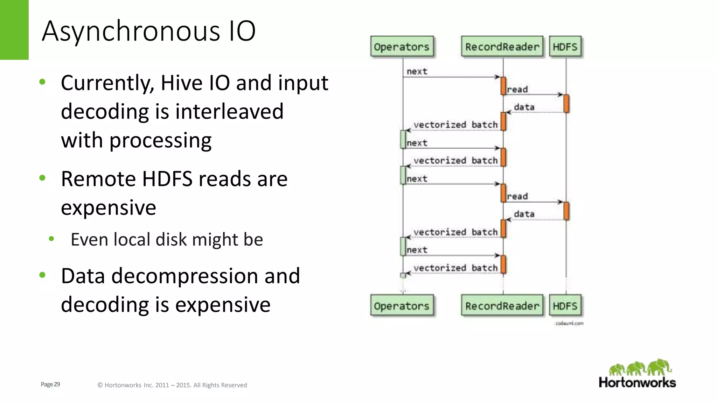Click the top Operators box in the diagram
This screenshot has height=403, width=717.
(x=402, y=47)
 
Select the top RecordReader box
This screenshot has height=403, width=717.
(x=502, y=47)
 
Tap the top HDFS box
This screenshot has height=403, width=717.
(x=565, y=47)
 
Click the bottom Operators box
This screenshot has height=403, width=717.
(x=402, y=306)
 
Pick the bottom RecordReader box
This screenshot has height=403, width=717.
(x=502, y=306)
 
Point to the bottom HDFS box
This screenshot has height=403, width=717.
(x=565, y=306)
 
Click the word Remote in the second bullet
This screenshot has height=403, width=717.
(x=98, y=179)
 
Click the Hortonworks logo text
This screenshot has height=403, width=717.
(x=637, y=382)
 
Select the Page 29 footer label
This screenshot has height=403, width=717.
(x=50, y=384)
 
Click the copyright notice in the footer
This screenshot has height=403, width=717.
(x=172, y=385)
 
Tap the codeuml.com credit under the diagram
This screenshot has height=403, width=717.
(x=569, y=323)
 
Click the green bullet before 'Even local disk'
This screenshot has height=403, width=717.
(x=51, y=239)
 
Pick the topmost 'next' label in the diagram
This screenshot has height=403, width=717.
(x=417, y=72)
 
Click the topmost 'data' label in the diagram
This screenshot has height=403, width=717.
(x=524, y=107)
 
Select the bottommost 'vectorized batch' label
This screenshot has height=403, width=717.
(x=455, y=268)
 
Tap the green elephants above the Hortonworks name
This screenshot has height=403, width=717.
(x=640, y=367)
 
